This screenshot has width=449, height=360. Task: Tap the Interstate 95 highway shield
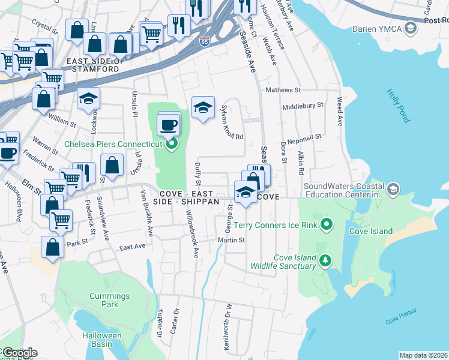(x=205, y=41)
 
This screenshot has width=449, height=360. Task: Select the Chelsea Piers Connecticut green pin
(x=172, y=143)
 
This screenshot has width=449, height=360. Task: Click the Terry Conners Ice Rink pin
(x=327, y=225)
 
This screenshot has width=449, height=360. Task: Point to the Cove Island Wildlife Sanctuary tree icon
(x=325, y=260)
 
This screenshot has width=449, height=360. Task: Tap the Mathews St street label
(x=283, y=90)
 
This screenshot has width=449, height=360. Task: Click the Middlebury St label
(x=303, y=104)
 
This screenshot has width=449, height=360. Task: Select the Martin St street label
(x=232, y=240)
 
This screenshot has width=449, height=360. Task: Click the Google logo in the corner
(x=19, y=352)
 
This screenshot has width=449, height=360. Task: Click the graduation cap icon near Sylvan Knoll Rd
(x=203, y=107)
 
